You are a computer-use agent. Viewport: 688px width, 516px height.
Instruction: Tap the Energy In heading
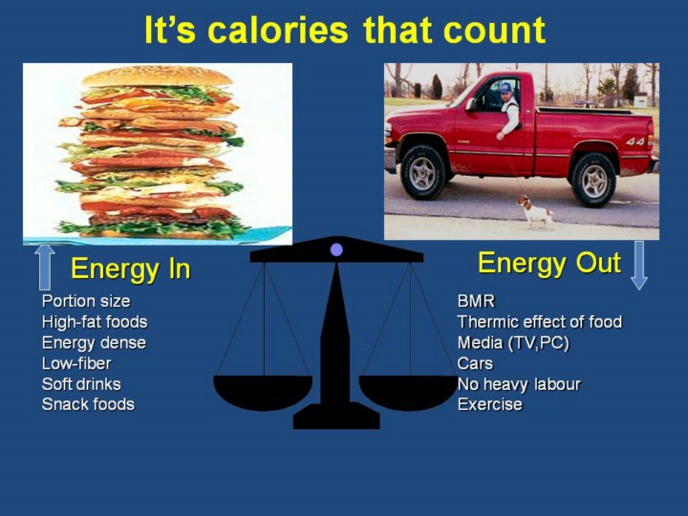coord(131,269)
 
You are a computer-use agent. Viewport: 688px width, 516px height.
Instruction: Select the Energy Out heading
coord(548,263)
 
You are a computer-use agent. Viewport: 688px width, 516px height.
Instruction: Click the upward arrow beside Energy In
coord(45,268)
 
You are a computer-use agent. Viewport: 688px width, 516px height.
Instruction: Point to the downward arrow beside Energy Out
coord(639,265)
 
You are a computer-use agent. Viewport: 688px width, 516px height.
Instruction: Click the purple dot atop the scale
coord(336,250)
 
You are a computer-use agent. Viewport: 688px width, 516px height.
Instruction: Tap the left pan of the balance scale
coord(263,392)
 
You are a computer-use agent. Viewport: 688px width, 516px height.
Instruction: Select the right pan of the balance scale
coord(409,392)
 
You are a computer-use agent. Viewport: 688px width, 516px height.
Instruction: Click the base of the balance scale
coord(336,416)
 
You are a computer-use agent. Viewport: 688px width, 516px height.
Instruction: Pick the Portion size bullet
coord(86,301)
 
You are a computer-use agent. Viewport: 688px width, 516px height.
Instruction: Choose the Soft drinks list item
coord(81,384)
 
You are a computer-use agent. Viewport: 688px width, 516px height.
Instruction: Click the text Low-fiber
coord(76,363)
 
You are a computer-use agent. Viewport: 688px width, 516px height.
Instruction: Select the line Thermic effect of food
coord(540,322)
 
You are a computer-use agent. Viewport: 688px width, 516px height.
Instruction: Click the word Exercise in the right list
coord(489,404)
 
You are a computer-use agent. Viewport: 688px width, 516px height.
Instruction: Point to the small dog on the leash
coord(535,211)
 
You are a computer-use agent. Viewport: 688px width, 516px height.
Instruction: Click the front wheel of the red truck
coord(423,172)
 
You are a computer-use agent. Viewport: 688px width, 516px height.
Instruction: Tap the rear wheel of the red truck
coord(593,181)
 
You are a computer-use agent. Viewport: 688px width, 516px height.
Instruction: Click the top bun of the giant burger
coord(157,76)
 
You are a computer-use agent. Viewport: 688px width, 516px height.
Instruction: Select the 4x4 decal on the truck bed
coord(634,141)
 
